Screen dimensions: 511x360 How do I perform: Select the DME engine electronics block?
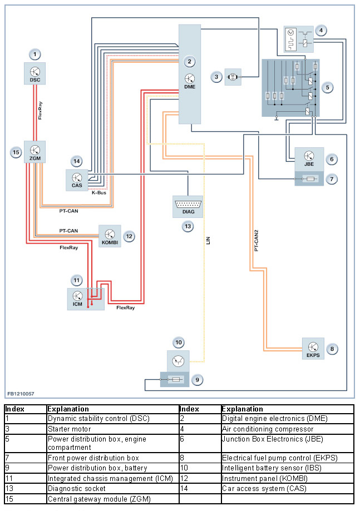tap(190, 75)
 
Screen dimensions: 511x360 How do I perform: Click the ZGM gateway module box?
tap(34, 152)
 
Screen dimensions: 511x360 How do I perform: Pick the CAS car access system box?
tap(76, 179)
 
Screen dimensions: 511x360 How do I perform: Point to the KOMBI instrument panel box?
tap(110, 236)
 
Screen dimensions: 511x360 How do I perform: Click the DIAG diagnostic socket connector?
tap(188, 206)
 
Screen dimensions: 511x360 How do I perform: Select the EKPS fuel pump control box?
tap(313, 349)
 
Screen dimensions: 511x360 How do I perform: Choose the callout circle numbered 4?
tap(320, 31)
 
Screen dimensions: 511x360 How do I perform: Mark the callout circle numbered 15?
tap(15, 151)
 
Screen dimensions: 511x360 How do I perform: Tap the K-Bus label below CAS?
tap(98, 192)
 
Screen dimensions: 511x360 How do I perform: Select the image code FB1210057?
tap(21, 394)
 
